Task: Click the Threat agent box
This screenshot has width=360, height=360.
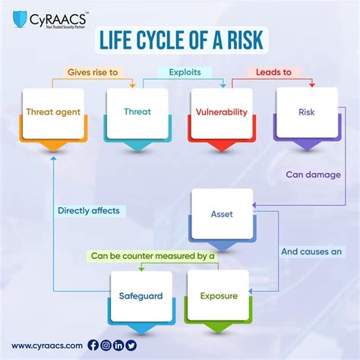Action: pyautogui.click(x=54, y=112)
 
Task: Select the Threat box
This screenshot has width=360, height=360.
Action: pyautogui.click(x=137, y=112)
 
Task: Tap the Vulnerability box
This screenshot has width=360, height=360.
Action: pyautogui.click(x=221, y=112)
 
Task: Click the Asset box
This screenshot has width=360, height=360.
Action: pyautogui.click(x=221, y=214)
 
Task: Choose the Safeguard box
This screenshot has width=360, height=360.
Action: pyautogui.click(x=141, y=295)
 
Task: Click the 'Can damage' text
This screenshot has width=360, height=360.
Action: pyautogui.click(x=313, y=174)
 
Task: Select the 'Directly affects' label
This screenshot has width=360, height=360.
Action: pyautogui.click(x=88, y=211)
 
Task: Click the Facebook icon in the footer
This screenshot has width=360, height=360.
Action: pyautogui.click(x=93, y=345)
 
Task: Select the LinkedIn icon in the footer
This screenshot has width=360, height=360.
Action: pyautogui.click(x=119, y=345)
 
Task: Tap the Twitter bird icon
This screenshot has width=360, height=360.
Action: pyautogui.click(x=131, y=345)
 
